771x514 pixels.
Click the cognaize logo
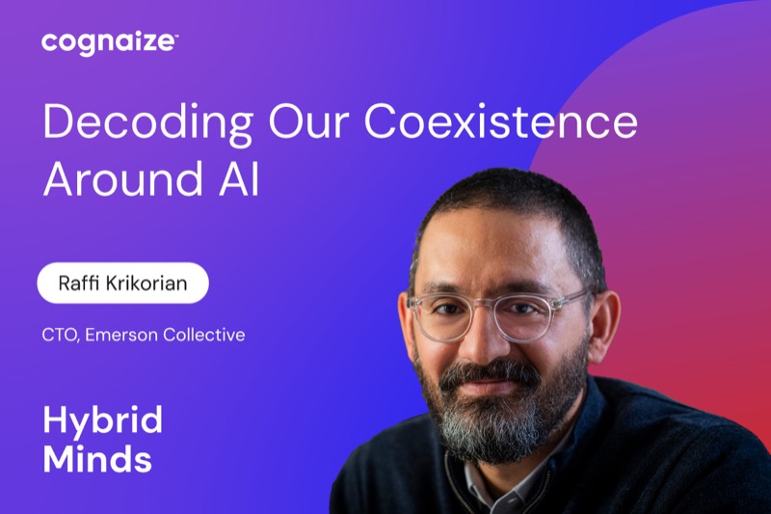[x=110, y=43]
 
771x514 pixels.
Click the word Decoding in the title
[x=148, y=122]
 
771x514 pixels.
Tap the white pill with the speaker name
[x=123, y=283]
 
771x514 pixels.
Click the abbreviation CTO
[x=61, y=335]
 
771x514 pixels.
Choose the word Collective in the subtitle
[x=204, y=335]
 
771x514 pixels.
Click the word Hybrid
[x=103, y=421]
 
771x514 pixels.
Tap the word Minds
[x=97, y=459]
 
